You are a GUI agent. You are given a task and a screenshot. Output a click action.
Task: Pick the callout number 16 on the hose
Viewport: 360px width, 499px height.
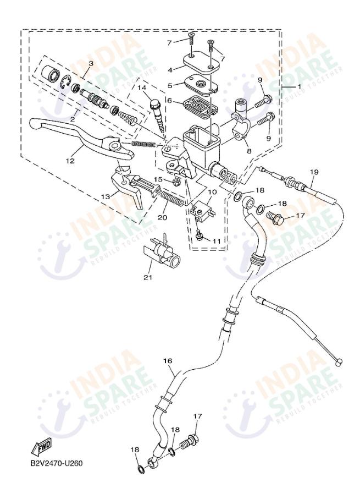[x=168, y=360]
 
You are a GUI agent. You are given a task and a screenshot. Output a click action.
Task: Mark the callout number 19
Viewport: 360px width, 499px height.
[x=314, y=172]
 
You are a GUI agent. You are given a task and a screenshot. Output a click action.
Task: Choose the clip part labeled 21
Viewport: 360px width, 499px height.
[x=160, y=256]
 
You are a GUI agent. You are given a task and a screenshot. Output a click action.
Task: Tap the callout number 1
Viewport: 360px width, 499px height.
[x=299, y=87]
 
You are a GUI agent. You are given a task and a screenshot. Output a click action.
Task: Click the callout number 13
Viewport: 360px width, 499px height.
[x=104, y=195]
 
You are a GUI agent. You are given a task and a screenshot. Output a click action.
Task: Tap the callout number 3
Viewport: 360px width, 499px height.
[x=91, y=64]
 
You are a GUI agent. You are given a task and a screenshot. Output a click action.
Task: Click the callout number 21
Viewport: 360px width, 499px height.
[x=147, y=277]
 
